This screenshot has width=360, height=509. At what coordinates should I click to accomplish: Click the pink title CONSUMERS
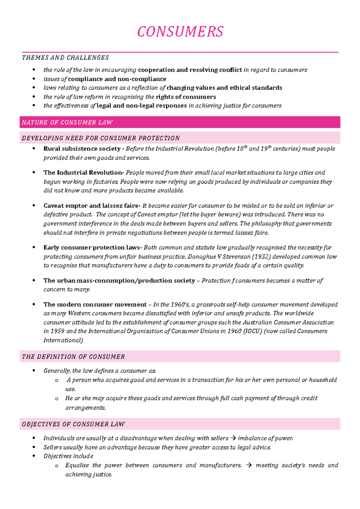click(x=180, y=32)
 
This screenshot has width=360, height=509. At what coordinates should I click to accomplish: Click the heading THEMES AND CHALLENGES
click(x=65, y=58)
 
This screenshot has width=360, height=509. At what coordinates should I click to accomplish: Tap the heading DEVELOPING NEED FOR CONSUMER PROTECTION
click(x=100, y=138)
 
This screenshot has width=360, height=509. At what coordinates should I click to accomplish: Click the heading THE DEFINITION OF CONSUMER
click(x=73, y=357)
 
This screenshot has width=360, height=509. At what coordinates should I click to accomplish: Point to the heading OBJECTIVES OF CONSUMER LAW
click(x=73, y=424)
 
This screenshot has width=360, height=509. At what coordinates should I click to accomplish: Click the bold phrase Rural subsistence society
click(x=82, y=149)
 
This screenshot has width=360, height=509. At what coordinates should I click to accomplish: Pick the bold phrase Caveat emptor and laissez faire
click(x=91, y=206)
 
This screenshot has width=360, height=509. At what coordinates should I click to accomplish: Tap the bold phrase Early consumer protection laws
click(x=92, y=248)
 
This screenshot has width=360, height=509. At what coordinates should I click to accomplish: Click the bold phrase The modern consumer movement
click(x=95, y=305)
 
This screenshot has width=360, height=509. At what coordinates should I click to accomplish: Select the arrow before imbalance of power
click(x=233, y=438)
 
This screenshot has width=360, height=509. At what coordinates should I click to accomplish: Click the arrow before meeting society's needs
click(x=249, y=465)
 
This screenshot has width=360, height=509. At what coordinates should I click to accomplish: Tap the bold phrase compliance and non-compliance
click(x=117, y=79)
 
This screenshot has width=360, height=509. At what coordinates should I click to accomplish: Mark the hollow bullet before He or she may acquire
click(x=57, y=399)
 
